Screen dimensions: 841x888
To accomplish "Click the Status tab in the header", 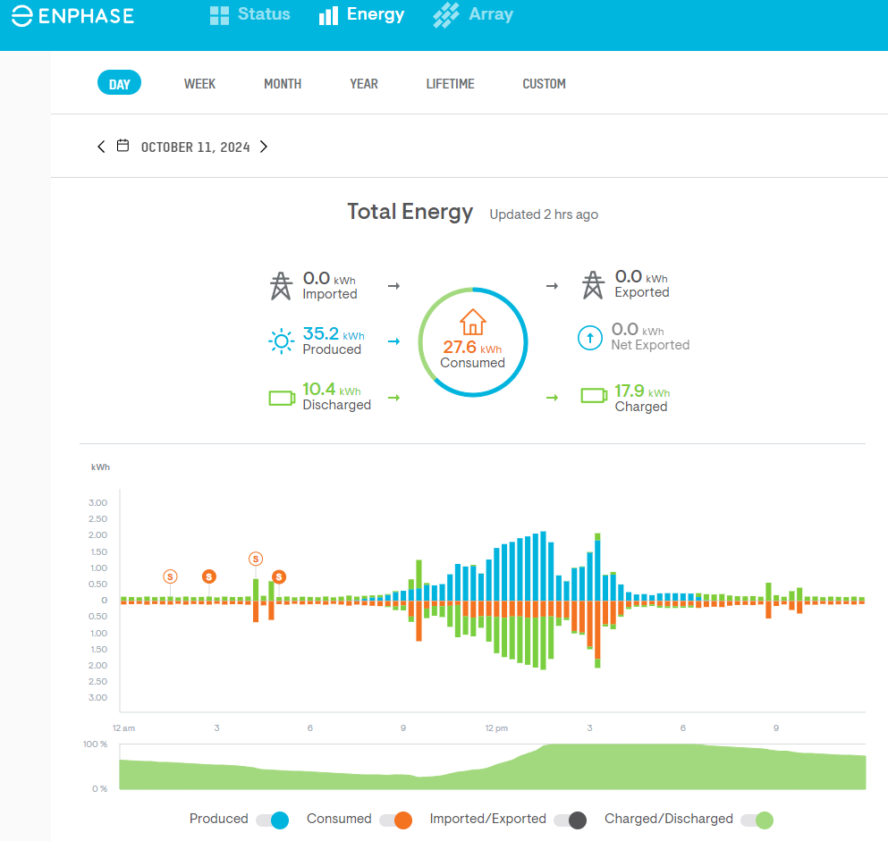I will click(x=249, y=15).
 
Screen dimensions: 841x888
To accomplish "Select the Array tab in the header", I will click(x=473, y=15).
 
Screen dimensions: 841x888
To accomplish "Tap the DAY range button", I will click(x=119, y=84).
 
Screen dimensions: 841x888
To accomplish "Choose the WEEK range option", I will click(x=199, y=84).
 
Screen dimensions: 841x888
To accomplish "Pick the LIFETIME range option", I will click(x=450, y=84).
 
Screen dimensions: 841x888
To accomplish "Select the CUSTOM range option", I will click(x=544, y=84).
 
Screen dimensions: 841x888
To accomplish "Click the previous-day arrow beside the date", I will click(x=101, y=147).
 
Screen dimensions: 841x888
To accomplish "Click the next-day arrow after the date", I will click(x=264, y=147).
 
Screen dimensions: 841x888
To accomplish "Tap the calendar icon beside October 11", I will click(x=123, y=146).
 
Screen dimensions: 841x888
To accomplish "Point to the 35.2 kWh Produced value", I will click(x=321, y=334).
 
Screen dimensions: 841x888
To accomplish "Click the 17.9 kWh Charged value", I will click(x=630, y=391).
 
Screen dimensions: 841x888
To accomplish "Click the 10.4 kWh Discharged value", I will click(x=319, y=390).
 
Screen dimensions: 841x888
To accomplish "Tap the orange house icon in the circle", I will click(x=472, y=322).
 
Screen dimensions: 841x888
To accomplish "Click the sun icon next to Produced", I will click(x=281, y=341).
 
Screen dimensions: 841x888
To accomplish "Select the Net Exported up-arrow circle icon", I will click(x=589, y=338).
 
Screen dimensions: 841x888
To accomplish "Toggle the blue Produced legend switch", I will click(x=272, y=820).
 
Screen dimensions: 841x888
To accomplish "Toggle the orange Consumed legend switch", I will click(x=395, y=820).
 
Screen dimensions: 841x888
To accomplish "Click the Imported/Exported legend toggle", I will click(x=570, y=820).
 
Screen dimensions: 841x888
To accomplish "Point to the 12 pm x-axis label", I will click(x=496, y=728).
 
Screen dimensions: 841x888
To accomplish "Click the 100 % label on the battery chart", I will click(x=96, y=744).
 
